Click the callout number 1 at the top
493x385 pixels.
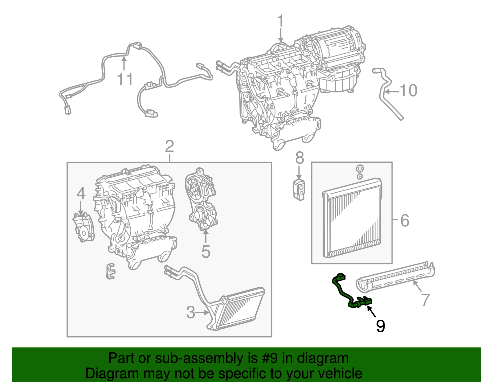(280, 21)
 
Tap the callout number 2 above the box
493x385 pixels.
(169, 147)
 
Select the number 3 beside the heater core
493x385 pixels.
(191, 313)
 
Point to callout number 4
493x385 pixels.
(81, 194)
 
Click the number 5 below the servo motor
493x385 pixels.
(206, 252)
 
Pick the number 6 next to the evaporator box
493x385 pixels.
(405, 220)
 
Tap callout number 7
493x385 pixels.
(425, 300)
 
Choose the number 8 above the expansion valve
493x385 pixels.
(299, 158)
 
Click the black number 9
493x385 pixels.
(381, 326)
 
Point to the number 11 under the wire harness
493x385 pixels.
(125, 80)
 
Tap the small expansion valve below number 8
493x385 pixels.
(299, 190)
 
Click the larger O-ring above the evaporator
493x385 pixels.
(359, 169)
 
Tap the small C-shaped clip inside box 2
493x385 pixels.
(110, 271)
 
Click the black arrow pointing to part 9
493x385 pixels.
(372, 312)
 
